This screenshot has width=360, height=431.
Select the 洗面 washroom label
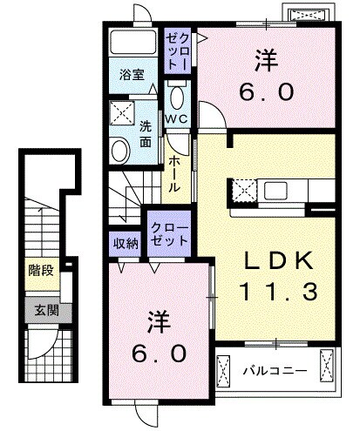click(x=146, y=132)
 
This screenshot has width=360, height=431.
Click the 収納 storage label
click(x=125, y=244)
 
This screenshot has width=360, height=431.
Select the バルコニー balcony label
click(x=273, y=370)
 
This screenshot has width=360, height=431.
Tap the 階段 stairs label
click(x=39, y=269)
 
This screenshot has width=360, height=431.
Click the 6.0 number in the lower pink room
click(x=160, y=354)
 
